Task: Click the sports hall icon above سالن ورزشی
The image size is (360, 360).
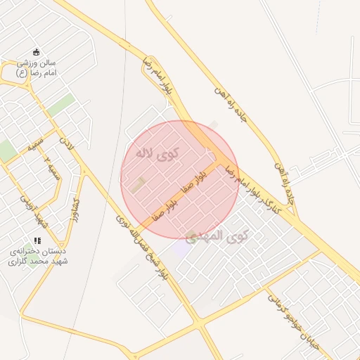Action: click(37, 51)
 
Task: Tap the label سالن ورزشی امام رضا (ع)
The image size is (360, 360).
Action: click(37, 67)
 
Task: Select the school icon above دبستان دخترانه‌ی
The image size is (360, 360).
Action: click(37, 240)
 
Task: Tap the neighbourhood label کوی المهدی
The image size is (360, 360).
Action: click(219, 236)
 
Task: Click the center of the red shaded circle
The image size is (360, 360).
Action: click(180, 179)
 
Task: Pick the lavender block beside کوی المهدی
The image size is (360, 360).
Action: click(182, 248)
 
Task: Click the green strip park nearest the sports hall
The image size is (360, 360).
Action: click(61, 105)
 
